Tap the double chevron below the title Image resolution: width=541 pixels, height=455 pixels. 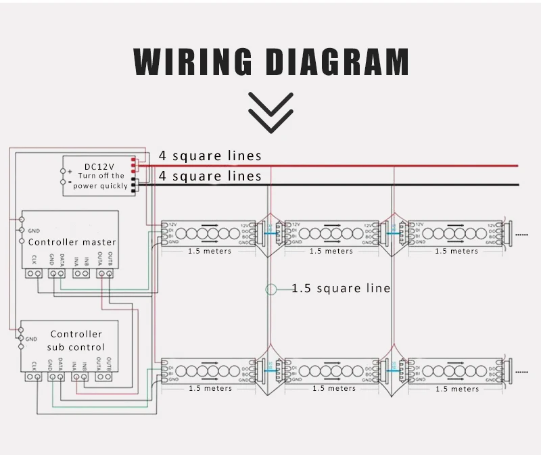(x=270, y=112)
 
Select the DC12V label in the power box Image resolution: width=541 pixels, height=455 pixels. (x=99, y=166)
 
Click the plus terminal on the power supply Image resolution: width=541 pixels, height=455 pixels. (x=70, y=172)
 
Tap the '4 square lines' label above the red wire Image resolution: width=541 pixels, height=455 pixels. (x=210, y=156)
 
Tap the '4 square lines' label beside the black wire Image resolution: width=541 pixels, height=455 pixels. (x=210, y=176)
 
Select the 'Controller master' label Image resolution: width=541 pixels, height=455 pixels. (x=72, y=242)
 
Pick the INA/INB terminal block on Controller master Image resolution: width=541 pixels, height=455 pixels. (x=81, y=273)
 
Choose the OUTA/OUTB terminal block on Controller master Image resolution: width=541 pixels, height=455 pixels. (x=105, y=273)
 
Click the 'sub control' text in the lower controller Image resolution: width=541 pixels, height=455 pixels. (x=76, y=347)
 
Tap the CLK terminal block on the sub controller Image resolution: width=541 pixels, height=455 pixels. (x=34, y=376)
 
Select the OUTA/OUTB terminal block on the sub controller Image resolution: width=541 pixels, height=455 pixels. (x=105, y=376)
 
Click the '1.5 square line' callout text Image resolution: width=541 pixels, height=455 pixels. (x=341, y=289)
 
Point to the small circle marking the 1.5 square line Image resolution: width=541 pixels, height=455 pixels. (x=271, y=289)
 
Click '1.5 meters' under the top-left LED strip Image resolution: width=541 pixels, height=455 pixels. (x=210, y=252)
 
